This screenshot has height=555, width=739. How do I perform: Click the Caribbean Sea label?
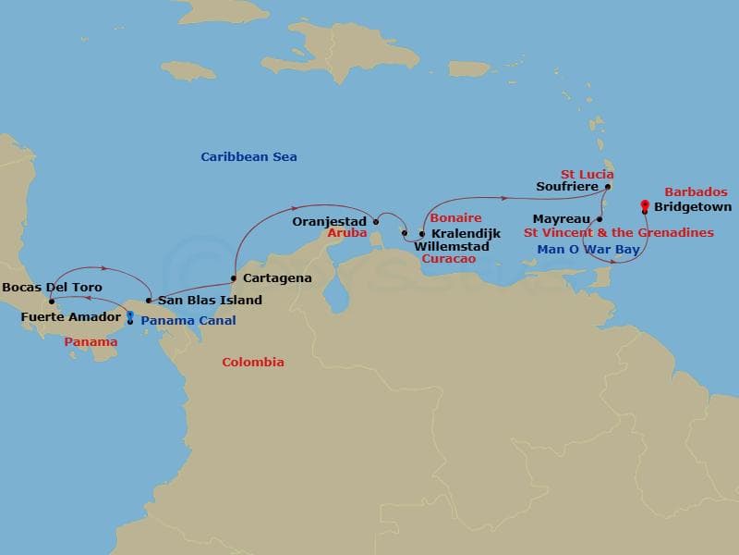pos(248,157)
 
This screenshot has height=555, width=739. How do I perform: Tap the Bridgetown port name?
pos(692,207)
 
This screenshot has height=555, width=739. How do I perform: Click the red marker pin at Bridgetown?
pos(644,204)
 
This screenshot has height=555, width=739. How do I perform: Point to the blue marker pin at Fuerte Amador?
pos(129,316)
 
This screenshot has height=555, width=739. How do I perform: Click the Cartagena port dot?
pos(234,277)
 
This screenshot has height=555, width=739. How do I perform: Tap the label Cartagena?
pos(276,277)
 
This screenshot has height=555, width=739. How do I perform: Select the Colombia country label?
pos(252,363)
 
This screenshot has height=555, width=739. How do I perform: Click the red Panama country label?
pos(91,342)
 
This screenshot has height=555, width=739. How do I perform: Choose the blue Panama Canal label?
pos(188,321)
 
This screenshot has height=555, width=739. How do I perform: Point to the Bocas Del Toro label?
pos(52,288)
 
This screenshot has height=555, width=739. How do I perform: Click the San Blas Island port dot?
pos(149,301)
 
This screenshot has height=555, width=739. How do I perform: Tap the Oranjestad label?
pos(330,222)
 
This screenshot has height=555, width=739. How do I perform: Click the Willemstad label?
pos(452,247)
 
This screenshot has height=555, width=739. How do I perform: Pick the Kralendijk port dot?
pos(422,234)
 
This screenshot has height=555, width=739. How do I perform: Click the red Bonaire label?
pos(455,218)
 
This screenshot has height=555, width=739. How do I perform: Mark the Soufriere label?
pos(566,186)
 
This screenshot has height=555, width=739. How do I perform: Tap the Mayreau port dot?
pos(600,219)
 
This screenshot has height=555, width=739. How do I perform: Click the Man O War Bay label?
pos(588,250)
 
